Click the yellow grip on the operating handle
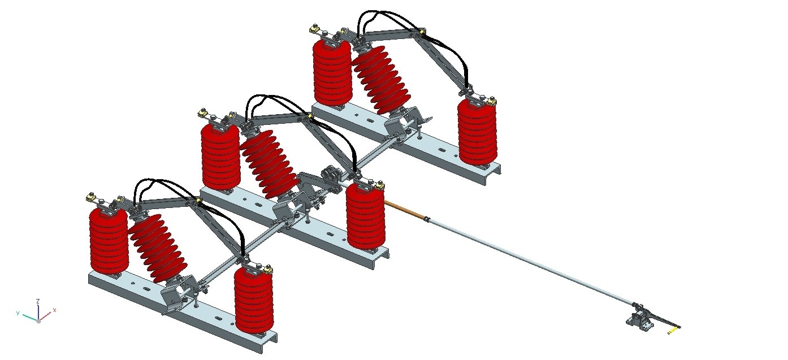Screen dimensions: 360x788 (x=673, y=331)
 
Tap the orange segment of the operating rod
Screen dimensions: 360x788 (x=404, y=208)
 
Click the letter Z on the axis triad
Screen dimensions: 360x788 (x=37, y=302)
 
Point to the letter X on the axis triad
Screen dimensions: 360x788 (x=54, y=310)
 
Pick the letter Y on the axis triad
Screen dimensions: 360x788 (x=18, y=313)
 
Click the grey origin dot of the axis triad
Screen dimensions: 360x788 (x=38, y=320)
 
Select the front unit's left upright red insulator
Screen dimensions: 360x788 (x=109, y=240)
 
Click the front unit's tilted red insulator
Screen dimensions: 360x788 (x=158, y=249)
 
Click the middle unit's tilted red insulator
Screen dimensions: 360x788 (x=269, y=164)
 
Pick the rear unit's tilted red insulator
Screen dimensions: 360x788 (x=380, y=79)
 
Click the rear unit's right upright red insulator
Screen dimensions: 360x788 (x=477, y=133)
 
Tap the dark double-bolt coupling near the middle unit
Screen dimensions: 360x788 (x=330, y=176)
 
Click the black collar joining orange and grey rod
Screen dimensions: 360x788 (x=427, y=219)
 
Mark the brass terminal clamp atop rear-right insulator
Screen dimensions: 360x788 (x=492, y=102)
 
